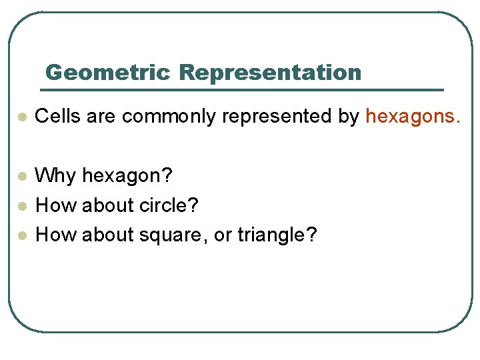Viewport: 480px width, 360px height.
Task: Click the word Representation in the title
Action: (270, 72)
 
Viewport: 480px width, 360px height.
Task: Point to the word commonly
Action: (169, 117)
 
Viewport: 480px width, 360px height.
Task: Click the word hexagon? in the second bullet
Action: (127, 177)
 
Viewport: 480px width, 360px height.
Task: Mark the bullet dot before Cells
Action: (22, 117)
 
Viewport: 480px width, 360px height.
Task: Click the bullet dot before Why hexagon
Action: (22, 177)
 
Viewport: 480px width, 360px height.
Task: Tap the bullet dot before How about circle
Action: (22, 206)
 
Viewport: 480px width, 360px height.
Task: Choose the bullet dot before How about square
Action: (22, 235)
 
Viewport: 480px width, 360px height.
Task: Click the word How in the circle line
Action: (55, 205)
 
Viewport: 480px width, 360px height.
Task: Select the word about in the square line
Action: (106, 235)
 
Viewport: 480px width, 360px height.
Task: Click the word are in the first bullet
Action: (101, 117)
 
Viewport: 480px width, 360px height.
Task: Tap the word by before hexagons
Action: (349, 117)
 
